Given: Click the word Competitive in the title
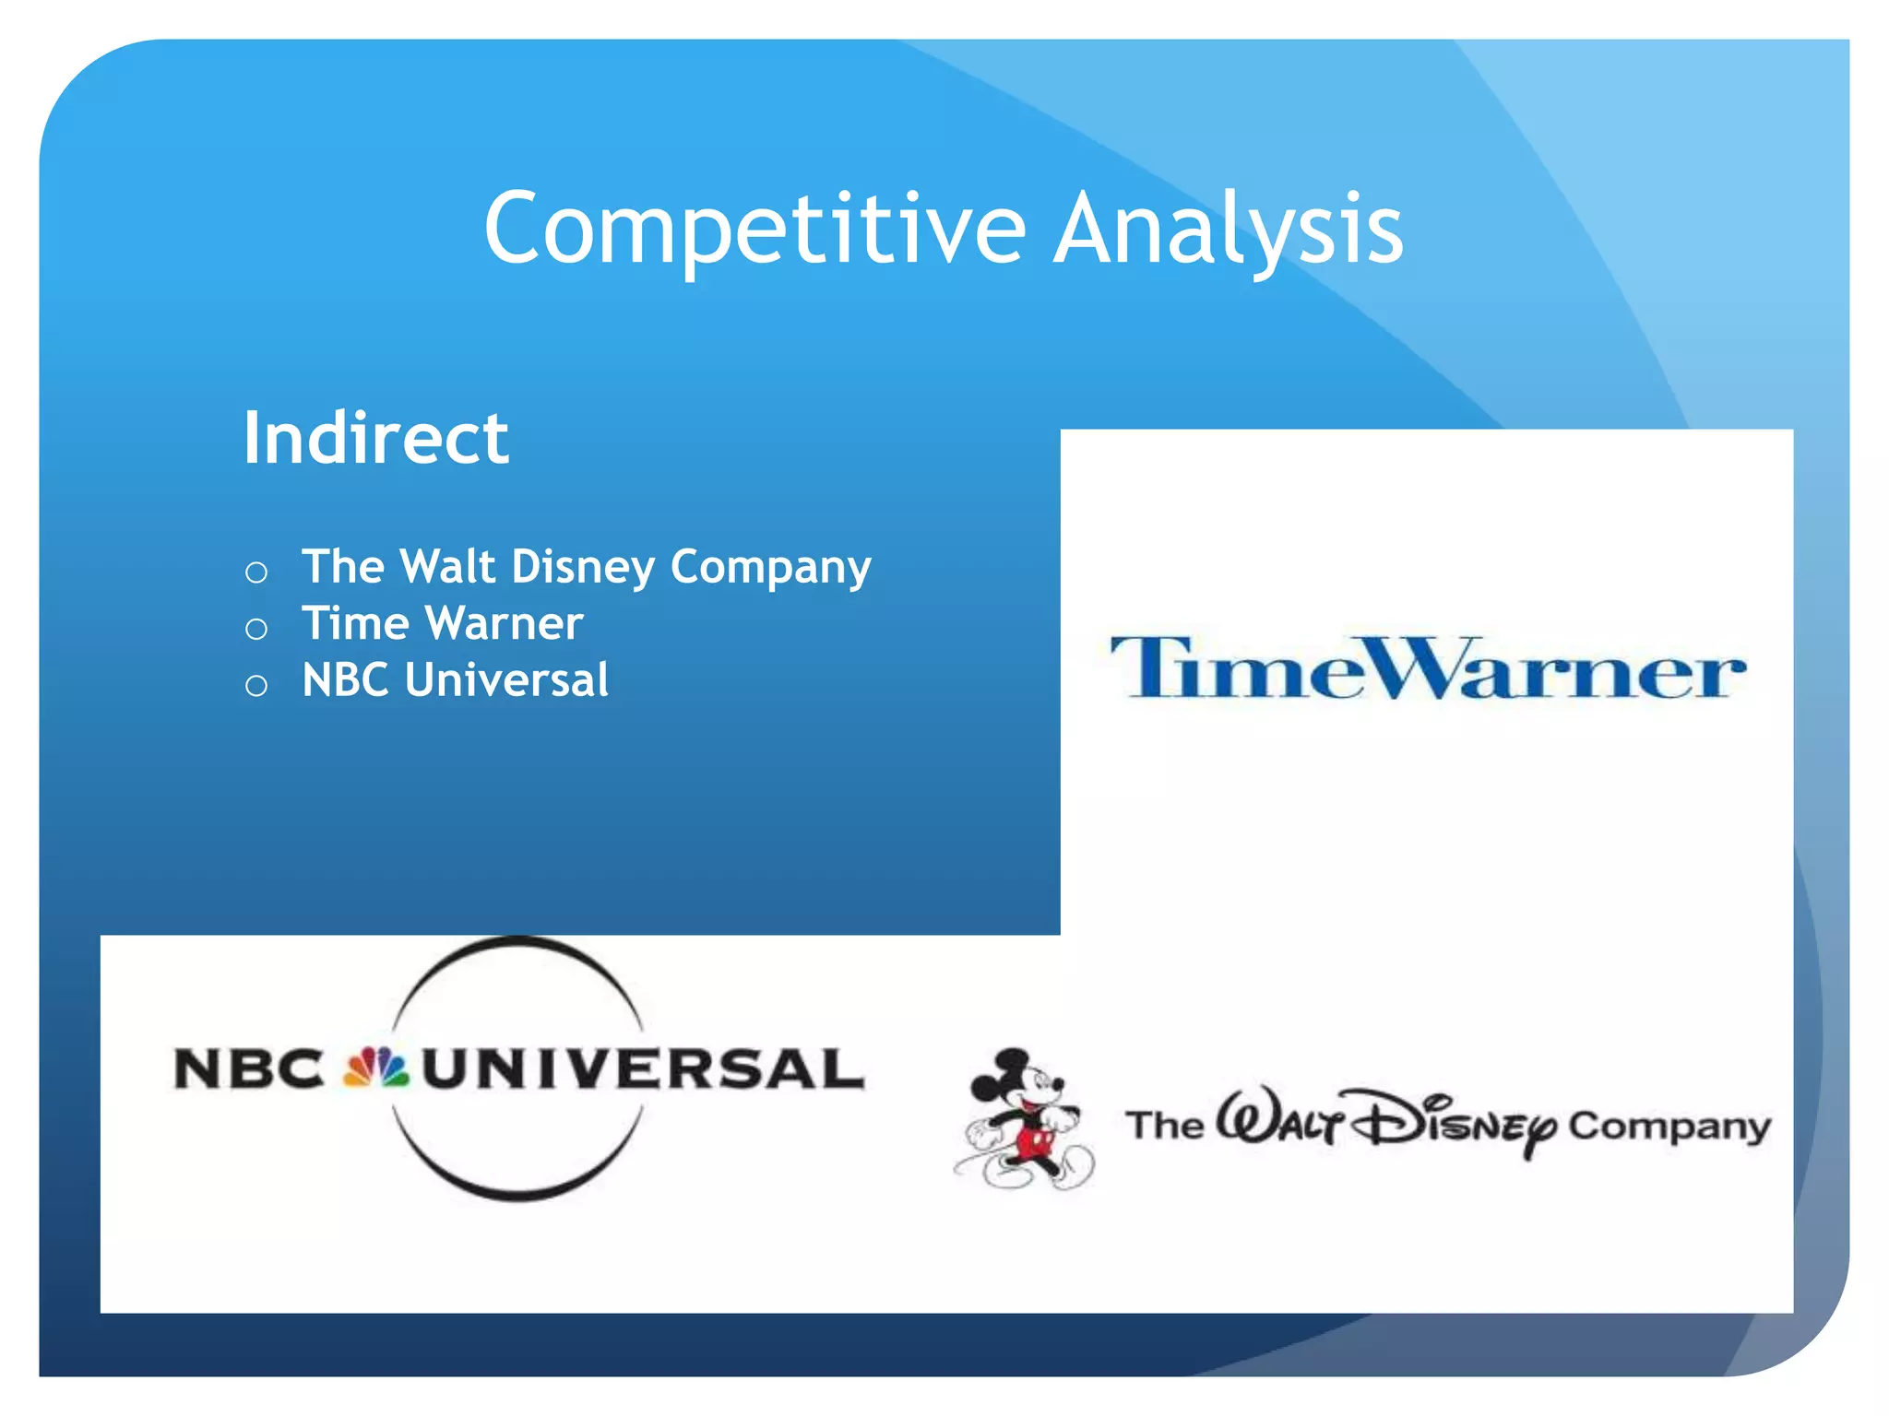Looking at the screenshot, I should coord(754,229).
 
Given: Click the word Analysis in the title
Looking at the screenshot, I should coord(1228,229).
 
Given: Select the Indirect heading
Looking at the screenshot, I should coord(375,438).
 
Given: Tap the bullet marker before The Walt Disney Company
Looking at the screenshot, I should coord(256,572).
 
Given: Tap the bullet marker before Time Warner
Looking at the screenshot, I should coord(256,630).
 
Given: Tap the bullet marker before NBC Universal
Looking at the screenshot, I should coord(256,686).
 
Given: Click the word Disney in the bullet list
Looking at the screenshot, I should coord(583,567).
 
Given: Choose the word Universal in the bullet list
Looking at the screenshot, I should coord(506,680).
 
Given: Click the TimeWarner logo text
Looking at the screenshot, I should coord(1427,668).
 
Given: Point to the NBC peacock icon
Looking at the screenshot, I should coord(375,1068).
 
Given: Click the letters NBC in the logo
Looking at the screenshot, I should coord(249,1069).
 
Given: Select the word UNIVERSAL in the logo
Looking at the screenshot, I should coord(643,1069).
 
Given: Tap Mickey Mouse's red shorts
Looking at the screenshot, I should coord(1033,1144).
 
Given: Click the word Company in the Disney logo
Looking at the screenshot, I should coord(1669,1127).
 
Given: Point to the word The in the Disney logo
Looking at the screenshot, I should coord(1164,1126).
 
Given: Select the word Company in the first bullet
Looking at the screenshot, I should coord(770,567).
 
